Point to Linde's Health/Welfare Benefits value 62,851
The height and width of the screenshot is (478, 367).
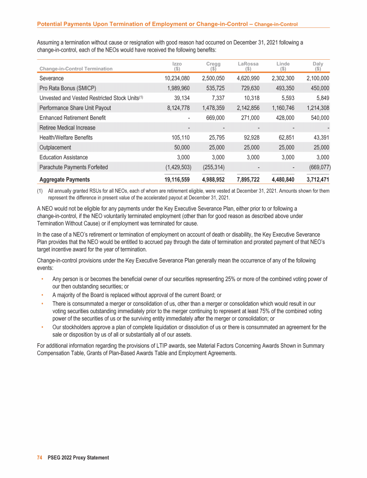pos(283,138)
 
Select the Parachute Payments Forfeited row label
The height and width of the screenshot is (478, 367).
pos(74,167)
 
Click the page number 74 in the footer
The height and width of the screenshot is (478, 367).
pos(40,457)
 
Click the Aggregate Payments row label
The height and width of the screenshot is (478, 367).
pos(65,180)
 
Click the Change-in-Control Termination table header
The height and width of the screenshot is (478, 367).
pos(76,68)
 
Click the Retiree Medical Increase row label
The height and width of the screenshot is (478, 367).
pos(67,128)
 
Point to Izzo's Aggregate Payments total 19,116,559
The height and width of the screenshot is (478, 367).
pos(173,180)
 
